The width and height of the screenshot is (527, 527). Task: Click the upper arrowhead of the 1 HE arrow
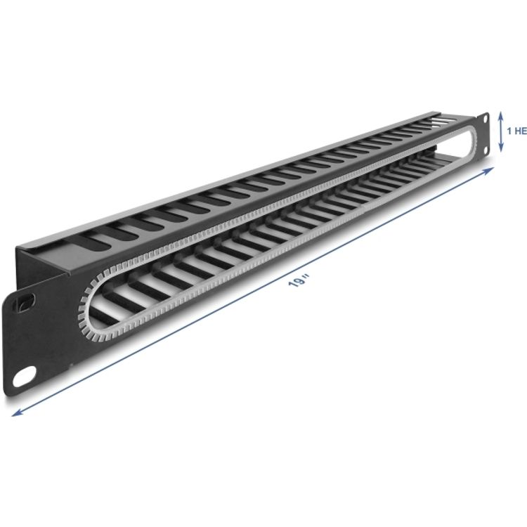500,115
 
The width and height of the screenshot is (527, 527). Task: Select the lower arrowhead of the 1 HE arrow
500,148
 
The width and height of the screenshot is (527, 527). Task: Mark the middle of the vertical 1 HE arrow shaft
500,131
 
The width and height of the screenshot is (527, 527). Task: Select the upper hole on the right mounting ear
483,119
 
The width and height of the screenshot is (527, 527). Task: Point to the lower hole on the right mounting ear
484,147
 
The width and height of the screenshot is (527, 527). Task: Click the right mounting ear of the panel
483,134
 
